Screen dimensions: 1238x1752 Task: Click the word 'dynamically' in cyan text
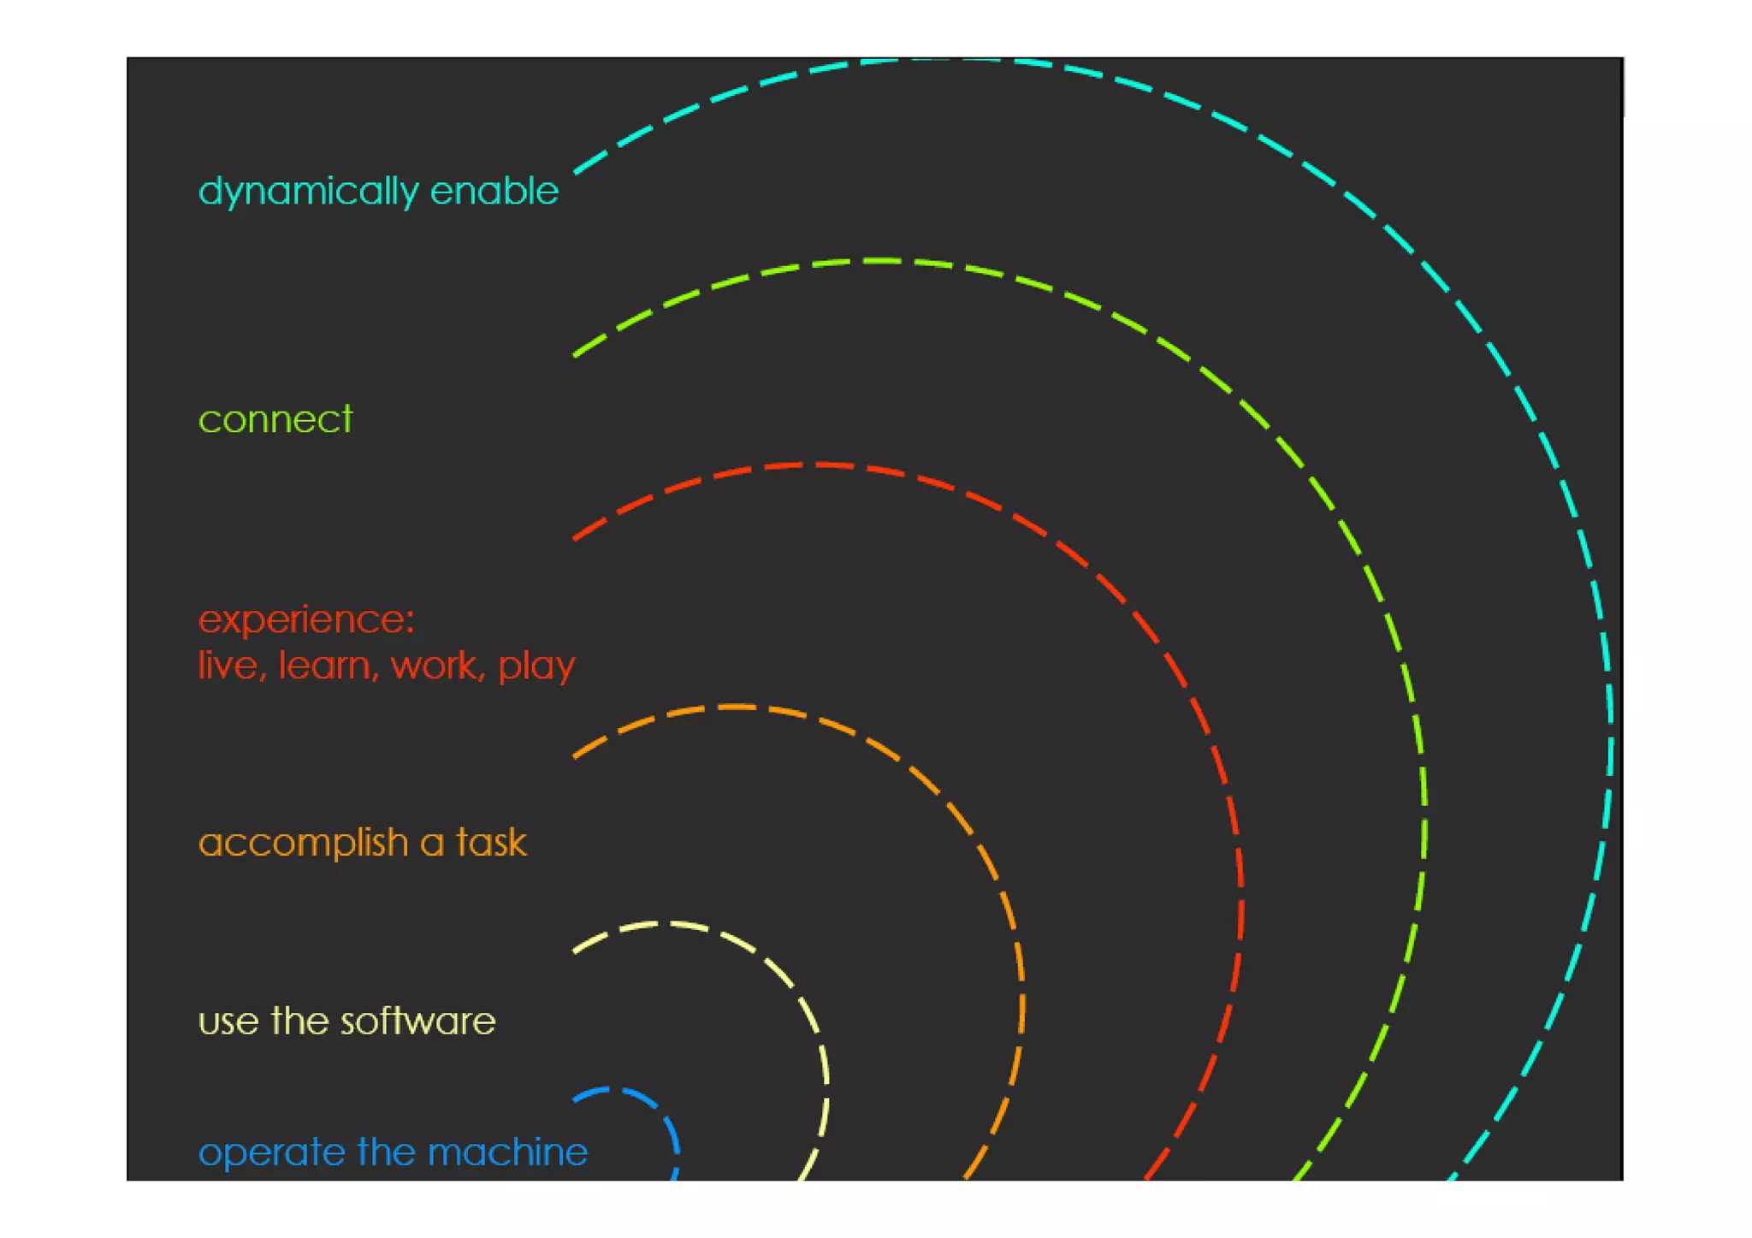click(x=308, y=191)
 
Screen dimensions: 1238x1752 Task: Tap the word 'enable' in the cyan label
click(x=494, y=191)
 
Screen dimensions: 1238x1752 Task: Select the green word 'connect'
click(x=275, y=419)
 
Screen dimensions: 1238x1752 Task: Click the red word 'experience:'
click(x=306, y=619)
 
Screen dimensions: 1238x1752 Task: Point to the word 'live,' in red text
click(x=228, y=665)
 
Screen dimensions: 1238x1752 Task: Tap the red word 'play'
click(x=536, y=666)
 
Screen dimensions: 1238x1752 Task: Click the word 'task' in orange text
click(x=491, y=842)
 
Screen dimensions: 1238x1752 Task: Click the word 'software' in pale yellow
click(x=418, y=1021)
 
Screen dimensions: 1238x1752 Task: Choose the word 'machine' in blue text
click(x=507, y=1152)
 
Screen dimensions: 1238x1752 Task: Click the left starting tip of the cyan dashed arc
click(x=576, y=172)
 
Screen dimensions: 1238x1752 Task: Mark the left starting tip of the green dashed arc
click(x=576, y=355)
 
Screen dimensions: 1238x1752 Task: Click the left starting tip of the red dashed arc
click(x=576, y=538)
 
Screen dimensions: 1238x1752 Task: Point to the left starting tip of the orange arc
click(x=576, y=756)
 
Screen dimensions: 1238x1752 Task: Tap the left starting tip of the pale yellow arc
click(x=576, y=951)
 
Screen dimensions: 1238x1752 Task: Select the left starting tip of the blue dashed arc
click(x=576, y=1099)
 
